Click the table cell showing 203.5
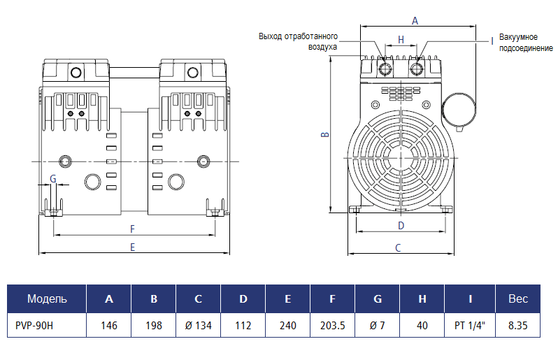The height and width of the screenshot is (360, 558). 332,325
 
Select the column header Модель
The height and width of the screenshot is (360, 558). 47,299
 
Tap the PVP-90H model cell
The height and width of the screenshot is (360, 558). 35,325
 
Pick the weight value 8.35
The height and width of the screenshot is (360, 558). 518,325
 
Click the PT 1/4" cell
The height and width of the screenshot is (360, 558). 468,325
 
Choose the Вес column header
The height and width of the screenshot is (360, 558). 518,299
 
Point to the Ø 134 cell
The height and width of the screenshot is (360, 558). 198,325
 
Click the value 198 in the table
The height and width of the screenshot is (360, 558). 153,325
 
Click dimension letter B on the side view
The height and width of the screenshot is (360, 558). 324,136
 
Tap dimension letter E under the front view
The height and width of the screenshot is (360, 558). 133,247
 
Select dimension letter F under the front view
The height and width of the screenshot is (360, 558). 133,229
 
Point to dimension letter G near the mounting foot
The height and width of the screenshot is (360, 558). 53,178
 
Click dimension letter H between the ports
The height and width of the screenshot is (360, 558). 401,39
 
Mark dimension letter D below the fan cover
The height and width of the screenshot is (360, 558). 401,225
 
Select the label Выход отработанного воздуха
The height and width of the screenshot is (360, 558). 299,41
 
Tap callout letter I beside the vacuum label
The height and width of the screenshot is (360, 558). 492,41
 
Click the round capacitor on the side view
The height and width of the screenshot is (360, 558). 461,108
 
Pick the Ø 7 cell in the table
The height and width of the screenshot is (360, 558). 377,325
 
